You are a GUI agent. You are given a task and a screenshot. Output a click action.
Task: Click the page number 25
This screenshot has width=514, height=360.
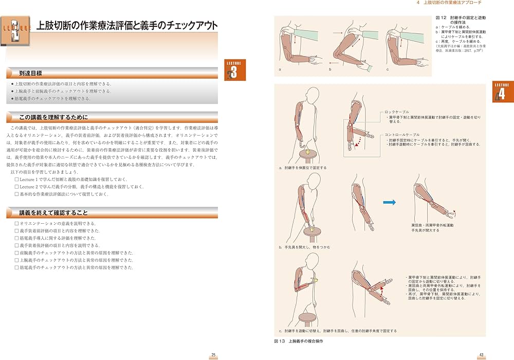tap(214, 355)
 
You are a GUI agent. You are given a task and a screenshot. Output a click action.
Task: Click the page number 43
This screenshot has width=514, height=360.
tap(481, 355)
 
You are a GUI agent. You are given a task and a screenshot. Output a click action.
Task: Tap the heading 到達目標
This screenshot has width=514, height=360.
tap(32, 74)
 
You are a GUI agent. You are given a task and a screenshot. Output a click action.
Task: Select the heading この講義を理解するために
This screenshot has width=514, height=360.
tap(53, 117)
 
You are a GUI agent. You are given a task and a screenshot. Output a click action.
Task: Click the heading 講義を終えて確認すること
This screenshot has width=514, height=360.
tap(53, 212)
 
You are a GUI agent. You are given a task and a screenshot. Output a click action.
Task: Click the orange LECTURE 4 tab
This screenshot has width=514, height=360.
tap(502, 92)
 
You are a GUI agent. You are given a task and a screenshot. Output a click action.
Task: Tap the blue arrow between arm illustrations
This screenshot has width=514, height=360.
tap(391, 202)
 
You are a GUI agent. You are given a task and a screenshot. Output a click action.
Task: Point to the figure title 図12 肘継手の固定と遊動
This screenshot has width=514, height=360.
tap(460, 19)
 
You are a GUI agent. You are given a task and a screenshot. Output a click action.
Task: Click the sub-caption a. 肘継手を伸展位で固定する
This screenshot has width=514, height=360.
tap(303, 168)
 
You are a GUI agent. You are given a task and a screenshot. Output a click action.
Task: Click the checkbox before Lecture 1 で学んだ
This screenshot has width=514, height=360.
tap(17, 179)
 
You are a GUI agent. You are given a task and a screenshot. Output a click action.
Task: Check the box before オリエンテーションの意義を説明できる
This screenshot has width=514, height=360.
tap(17, 224)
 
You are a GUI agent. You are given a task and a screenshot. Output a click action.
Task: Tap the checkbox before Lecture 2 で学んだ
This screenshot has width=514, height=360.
tap(17, 187)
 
